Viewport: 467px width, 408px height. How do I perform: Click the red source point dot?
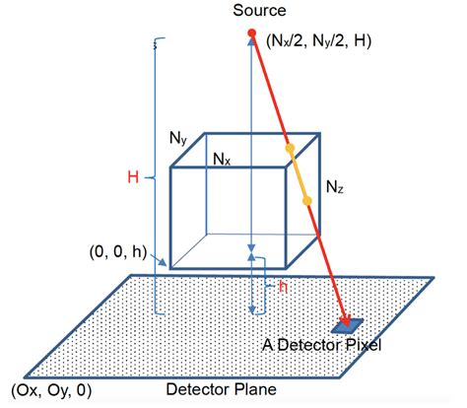[x=252, y=33]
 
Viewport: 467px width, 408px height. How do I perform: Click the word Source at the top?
[x=259, y=11]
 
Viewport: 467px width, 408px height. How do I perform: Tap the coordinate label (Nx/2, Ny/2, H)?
[x=319, y=41]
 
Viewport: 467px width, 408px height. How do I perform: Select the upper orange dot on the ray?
[x=290, y=149]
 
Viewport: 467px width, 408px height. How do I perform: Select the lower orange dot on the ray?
[x=307, y=200]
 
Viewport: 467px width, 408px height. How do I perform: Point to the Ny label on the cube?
[x=178, y=138]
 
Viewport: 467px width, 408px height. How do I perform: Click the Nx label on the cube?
[x=222, y=160]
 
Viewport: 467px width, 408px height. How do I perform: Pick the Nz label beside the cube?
[x=335, y=187]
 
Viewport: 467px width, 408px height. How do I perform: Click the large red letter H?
[x=133, y=177]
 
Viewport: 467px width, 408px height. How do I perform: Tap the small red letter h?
[x=283, y=287]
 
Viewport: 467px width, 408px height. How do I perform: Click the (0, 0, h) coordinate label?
[x=118, y=252]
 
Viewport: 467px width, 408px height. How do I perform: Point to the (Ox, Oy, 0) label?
[x=51, y=391]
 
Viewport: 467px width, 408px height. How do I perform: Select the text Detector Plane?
[x=222, y=389]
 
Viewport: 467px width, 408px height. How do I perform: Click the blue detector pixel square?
[x=347, y=325]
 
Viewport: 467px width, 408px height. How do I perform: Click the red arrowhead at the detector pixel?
[x=345, y=319]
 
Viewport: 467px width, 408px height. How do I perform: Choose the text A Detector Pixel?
[x=322, y=345]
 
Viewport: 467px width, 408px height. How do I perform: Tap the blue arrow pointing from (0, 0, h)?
[x=158, y=259]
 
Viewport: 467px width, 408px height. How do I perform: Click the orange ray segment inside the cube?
[x=299, y=174]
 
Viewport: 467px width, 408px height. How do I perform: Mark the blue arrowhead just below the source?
[x=252, y=40]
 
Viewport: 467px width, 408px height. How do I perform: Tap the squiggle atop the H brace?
[x=156, y=44]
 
